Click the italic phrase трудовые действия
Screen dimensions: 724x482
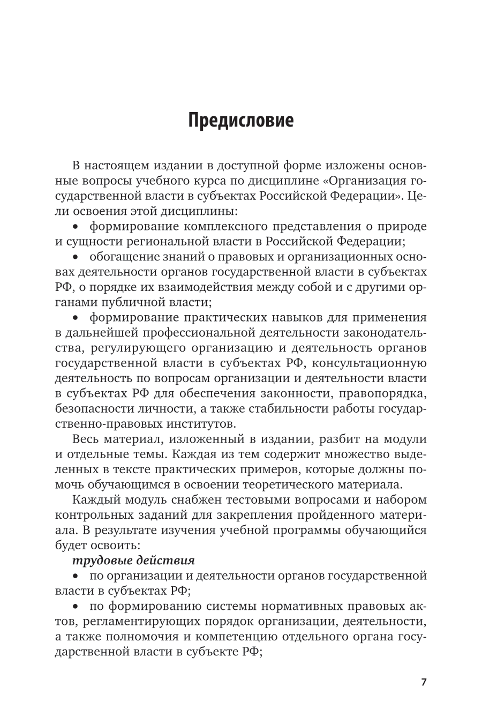[x=133, y=560]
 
